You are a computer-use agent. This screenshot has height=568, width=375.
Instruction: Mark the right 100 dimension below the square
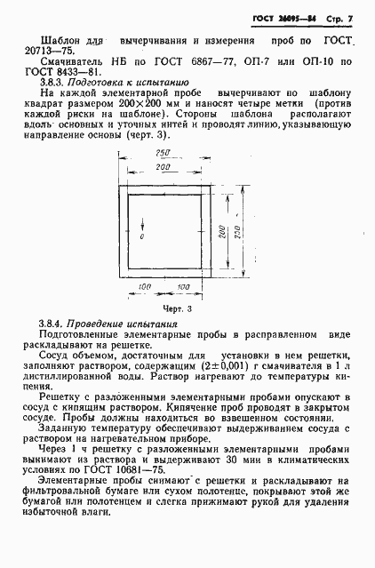point(184,286)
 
